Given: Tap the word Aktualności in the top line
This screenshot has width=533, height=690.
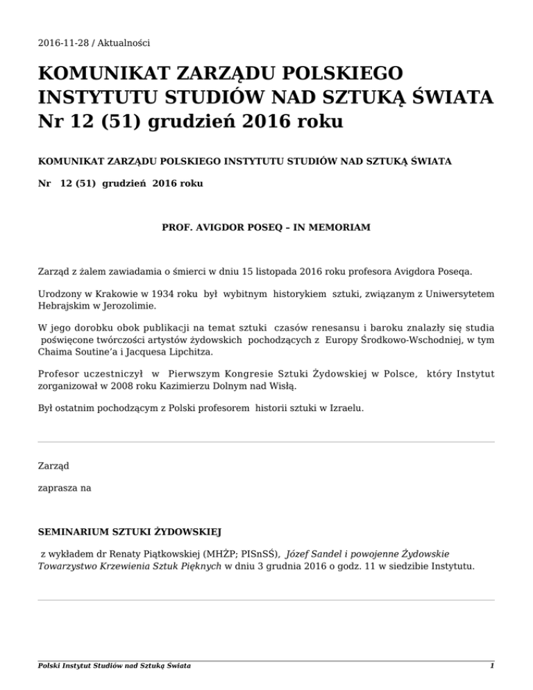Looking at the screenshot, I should [x=123, y=43].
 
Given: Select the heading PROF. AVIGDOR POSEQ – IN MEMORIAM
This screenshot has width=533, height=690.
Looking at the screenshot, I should [x=266, y=227].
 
